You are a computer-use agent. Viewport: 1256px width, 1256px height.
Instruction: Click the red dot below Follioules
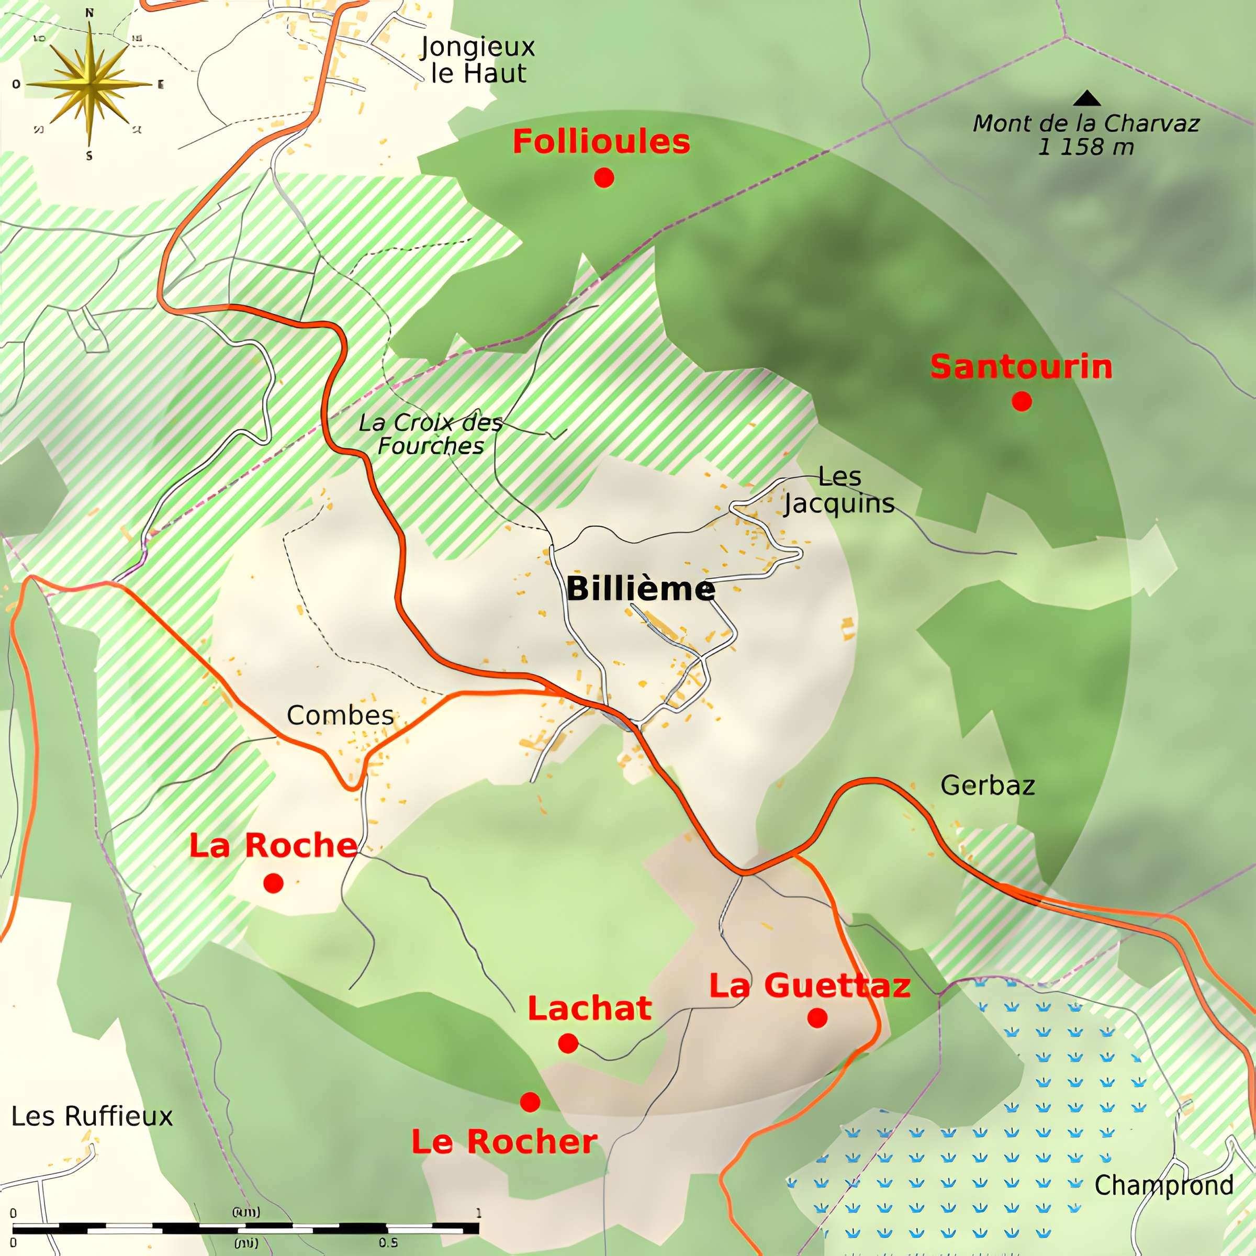point(604,177)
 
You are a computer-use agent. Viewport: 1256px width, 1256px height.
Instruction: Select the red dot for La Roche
point(273,883)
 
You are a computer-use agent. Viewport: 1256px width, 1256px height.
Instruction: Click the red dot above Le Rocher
point(530,1101)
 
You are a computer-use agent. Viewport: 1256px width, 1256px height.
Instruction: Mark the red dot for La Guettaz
point(817,1017)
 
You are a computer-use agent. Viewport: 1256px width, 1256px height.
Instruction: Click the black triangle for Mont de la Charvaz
point(1086,99)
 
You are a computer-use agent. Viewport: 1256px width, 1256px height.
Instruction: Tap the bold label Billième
point(641,589)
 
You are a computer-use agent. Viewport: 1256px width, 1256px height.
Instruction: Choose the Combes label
point(340,715)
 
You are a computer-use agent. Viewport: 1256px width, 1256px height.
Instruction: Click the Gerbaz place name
point(988,786)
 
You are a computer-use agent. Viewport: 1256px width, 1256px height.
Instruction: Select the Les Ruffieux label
point(92,1116)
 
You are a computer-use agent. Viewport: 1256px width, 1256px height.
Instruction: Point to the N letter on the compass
point(89,13)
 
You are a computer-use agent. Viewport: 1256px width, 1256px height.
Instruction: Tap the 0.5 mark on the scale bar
point(388,1242)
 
